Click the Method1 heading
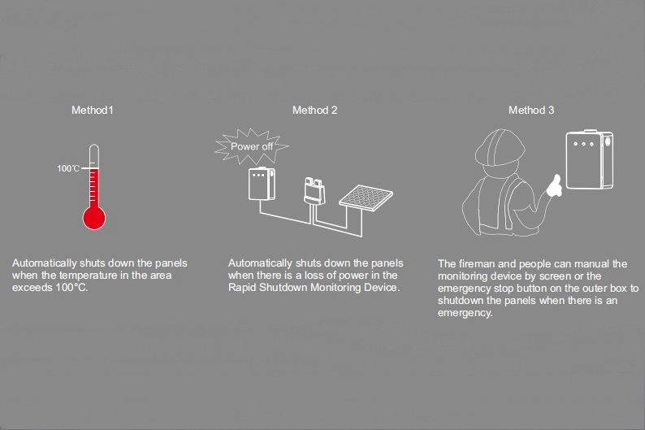coord(92,110)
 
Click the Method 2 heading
coord(315,110)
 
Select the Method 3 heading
coord(531,110)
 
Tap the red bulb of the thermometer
coord(94,217)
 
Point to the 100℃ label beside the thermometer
coord(68,168)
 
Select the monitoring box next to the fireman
coord(588,160)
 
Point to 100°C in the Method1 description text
coord(71,289)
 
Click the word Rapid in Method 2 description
coord(244,289)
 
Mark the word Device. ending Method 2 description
coord(382,289)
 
